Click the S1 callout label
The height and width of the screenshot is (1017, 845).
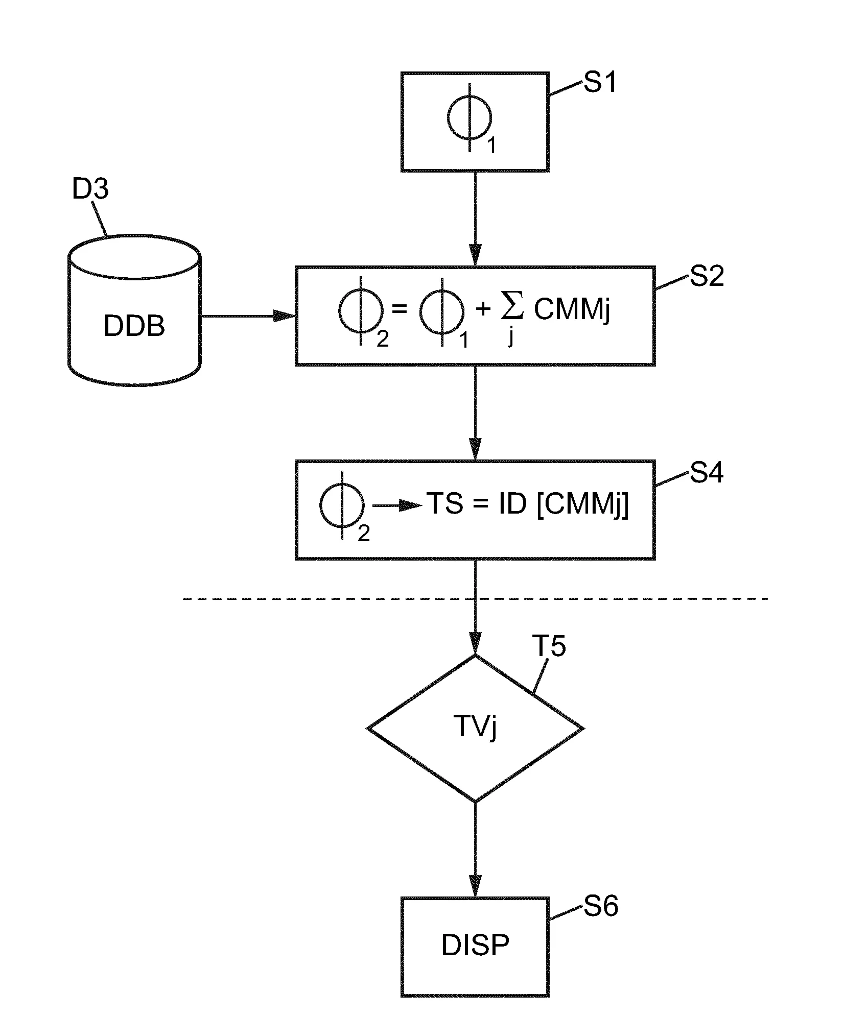tap(600, 82)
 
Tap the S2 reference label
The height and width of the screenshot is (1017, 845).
tap(707, 276)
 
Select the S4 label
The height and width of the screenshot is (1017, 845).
tap(707, 473)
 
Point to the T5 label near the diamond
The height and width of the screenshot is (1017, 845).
tap(549, 646)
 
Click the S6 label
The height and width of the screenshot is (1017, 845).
tap(601, 906)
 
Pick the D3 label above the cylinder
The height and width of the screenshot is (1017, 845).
tap(90, 189)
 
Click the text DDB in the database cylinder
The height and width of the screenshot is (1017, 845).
tap(134, 325)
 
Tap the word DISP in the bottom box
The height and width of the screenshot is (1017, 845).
tap(475, 945)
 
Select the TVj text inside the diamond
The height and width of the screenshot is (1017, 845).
tap(475, 727)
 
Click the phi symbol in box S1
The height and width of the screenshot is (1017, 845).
tap(470, 118)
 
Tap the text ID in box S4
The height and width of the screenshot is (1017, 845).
tap(511, 504)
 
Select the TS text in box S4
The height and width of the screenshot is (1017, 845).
tap(445, 504)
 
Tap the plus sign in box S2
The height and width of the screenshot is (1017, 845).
tap(483, 309)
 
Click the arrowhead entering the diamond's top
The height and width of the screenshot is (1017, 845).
tap(475, 643)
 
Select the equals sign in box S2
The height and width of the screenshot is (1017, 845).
tap(398, 309)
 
